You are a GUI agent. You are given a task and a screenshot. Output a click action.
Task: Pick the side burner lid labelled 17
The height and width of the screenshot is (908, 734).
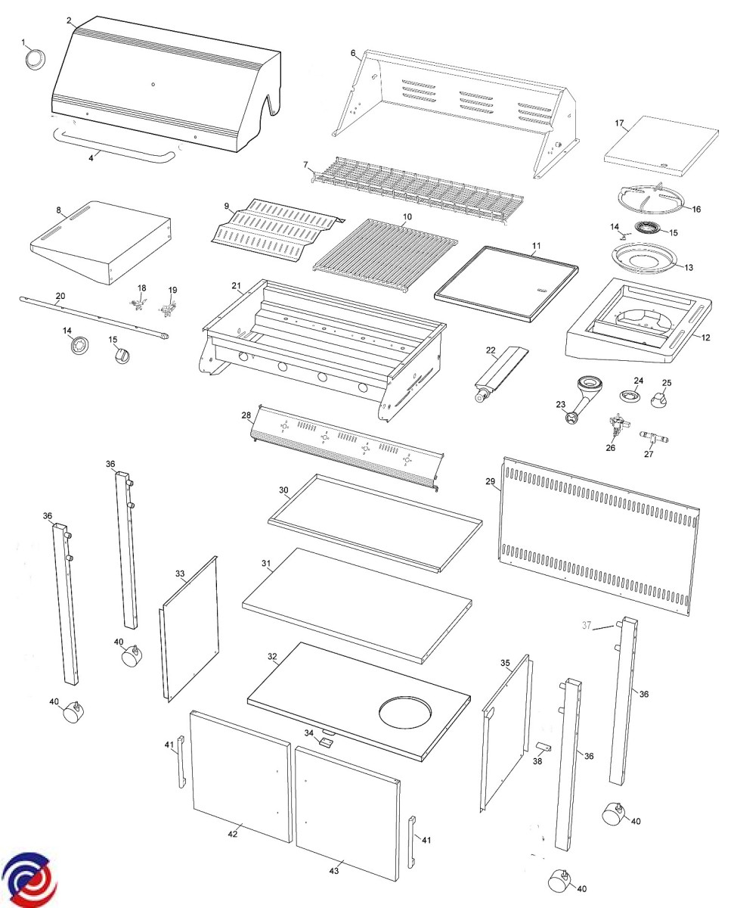660,143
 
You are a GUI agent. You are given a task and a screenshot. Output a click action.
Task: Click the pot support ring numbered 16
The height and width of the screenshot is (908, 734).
651,199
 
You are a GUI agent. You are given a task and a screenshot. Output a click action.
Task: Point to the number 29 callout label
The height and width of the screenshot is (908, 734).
490,481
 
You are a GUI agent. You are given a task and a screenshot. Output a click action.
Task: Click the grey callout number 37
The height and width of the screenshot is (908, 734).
586,624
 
